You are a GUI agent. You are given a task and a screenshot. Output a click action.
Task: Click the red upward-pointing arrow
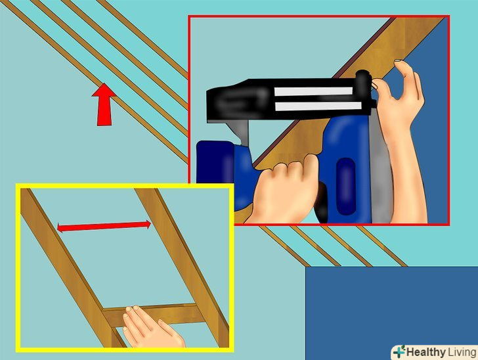coord(104,105)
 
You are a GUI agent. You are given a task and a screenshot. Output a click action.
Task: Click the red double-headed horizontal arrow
coord(104,226)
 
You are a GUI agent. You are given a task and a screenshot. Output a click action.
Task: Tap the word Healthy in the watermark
coord(425,352)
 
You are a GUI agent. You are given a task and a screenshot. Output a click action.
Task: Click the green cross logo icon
coord(399,352)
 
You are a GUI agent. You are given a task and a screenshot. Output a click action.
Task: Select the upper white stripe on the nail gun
coord(313,91)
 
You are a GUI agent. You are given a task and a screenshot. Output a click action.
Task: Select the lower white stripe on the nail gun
coord(318,106)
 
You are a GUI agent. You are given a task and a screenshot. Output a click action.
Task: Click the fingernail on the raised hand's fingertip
coord(397,61)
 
